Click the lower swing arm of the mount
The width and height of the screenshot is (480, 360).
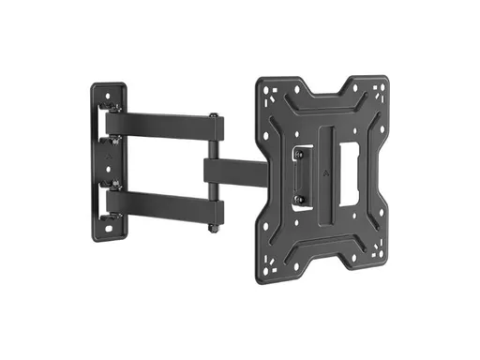coord(159,203)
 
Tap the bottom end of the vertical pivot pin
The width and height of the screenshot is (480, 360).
coord(217,228)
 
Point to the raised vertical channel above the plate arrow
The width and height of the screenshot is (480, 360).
coord(325,141)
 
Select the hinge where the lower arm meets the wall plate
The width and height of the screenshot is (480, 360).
coord(115,199)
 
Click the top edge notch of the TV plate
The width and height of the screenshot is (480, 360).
coord(328,86)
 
